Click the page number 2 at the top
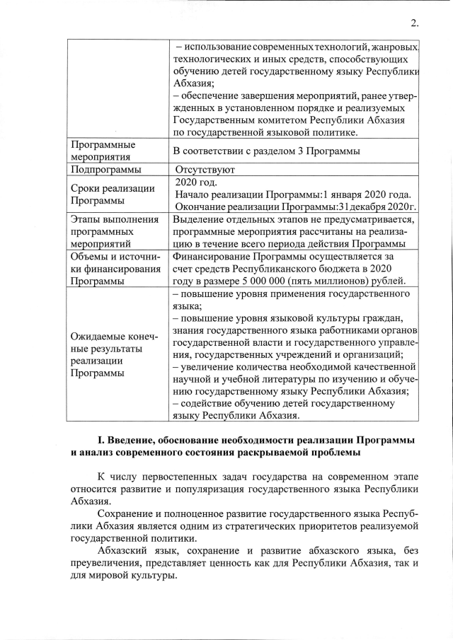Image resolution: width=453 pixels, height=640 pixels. click(414, 23)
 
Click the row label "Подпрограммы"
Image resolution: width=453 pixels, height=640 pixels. click(106, 170)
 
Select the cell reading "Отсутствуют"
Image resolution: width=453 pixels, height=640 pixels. click(205, 170)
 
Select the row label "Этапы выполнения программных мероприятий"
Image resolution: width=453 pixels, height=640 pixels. click(113, 231)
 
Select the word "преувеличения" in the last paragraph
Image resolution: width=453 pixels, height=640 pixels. click(108, 563)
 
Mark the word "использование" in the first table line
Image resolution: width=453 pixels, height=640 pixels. click(218, 47)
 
